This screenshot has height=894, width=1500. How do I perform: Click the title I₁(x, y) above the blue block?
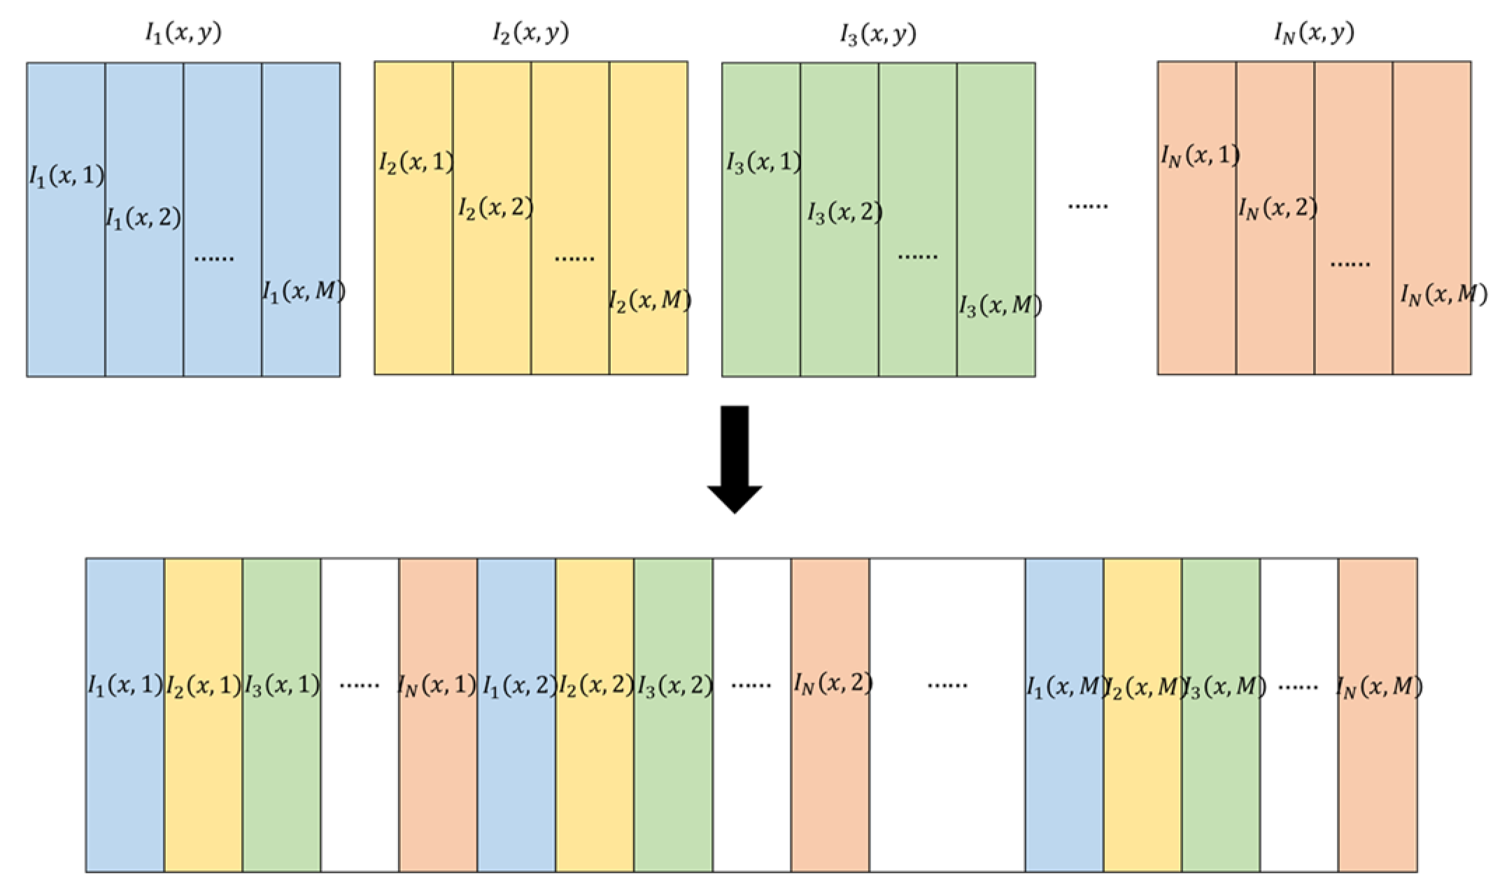pos(183,33)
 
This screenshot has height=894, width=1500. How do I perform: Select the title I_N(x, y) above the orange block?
pos(1314,33)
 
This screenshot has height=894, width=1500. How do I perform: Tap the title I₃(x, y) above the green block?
pos(878,34)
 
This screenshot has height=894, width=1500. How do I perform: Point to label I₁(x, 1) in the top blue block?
pos(66,176)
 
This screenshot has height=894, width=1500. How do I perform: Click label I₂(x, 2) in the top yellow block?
pos(495,208)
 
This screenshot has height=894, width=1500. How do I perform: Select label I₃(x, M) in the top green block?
pos(999,306)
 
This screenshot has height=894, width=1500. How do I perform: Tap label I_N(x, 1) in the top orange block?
pos(1201,155)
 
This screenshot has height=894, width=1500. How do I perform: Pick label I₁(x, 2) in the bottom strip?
pos(518,685)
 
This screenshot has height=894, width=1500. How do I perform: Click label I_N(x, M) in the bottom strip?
pos(1378,686)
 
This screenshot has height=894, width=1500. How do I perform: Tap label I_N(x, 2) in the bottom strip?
pos(832,683)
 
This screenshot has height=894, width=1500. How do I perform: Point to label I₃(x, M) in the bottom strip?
pos(1223,687)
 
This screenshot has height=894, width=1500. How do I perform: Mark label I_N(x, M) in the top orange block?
pos(1443,295)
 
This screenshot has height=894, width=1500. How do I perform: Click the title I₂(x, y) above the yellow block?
pos(530,33)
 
